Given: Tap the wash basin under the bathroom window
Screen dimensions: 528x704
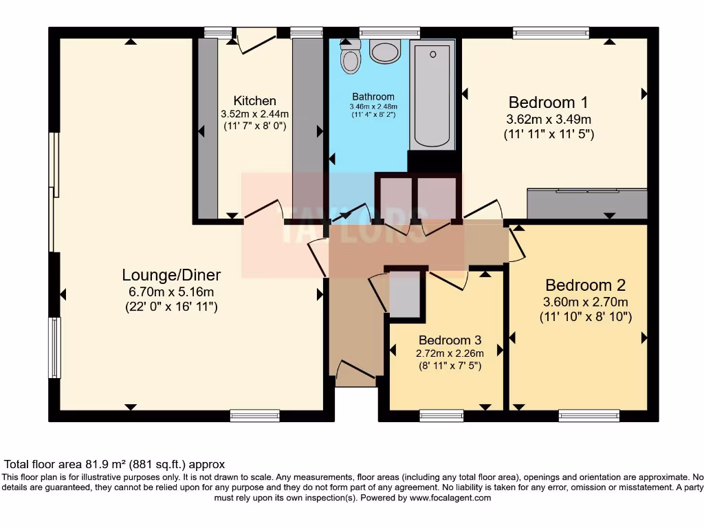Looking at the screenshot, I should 385,50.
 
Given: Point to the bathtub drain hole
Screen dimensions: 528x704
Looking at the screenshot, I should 432,54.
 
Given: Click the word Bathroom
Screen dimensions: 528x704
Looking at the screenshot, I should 373,97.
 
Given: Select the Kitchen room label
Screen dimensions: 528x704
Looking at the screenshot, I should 254,101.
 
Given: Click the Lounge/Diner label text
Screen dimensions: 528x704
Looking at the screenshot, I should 171,275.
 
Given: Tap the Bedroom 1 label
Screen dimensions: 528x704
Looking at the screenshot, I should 548,102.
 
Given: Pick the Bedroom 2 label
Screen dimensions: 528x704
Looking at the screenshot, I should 585,285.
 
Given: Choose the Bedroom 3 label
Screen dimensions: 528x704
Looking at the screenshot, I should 450,340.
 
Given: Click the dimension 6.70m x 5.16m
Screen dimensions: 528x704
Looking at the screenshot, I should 171,291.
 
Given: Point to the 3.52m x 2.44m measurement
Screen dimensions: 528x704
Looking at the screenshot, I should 254,114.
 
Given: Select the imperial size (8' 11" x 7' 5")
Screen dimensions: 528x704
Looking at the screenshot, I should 450,366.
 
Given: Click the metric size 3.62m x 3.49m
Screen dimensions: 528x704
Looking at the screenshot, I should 548,119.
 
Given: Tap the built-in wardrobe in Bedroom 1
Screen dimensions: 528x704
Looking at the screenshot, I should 587,204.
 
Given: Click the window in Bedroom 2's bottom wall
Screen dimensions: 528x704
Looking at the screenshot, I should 588,415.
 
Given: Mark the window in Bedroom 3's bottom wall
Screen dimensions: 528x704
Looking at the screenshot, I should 441,415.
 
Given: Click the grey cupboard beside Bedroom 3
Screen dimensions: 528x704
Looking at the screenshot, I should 404,294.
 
